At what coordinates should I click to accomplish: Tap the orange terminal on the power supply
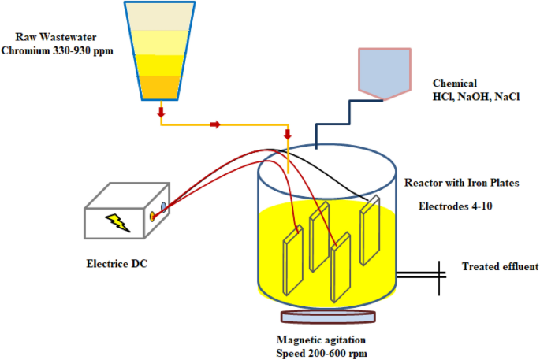tap(152, 216)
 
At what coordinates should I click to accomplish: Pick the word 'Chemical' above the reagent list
tap(454, 83)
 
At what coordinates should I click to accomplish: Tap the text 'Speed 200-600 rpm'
tap(322, 353)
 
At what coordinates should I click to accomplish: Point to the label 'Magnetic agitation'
tap(322, 340)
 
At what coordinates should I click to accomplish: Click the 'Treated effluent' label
tap(499, 266)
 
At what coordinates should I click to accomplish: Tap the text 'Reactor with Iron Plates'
tap(466, 183)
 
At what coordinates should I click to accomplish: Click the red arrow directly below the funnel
tap(162, 113)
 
